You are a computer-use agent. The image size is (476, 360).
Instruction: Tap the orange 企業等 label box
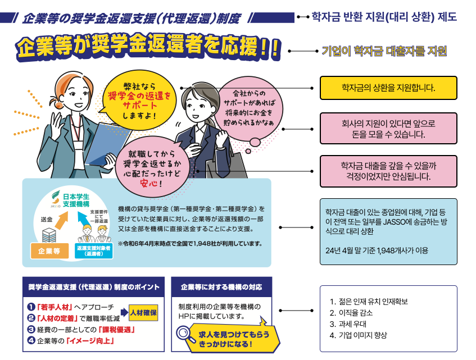[48, 250]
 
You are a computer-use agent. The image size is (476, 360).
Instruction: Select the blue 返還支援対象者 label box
[94, 250]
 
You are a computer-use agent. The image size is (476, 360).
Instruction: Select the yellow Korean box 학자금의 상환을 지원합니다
[388, 88]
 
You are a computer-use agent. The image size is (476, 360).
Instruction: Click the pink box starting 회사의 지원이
[388, 129]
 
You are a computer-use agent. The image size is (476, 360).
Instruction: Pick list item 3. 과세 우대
[352, 324]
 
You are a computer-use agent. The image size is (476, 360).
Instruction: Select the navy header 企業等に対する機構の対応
[221, 286]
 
